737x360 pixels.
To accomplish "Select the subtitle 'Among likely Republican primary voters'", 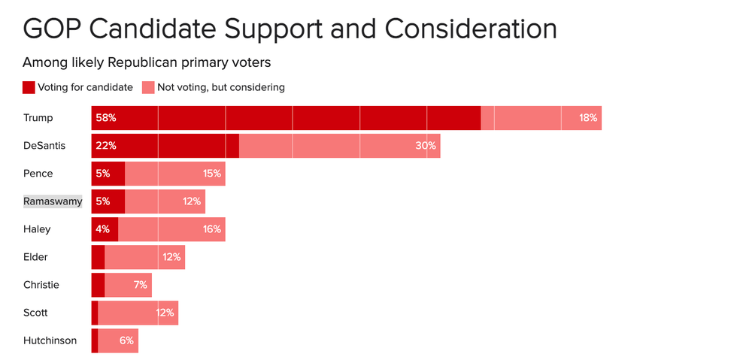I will (147, 62).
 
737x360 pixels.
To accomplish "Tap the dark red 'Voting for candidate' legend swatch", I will (29, 87).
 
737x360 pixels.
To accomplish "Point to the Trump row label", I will (38, 118).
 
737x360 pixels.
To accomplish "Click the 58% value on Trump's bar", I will (106, 118).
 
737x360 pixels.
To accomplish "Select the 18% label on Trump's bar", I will (587, 118).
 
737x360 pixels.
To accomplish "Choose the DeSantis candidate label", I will (44, 146).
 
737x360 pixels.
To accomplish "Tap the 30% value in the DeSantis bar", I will (426, 146).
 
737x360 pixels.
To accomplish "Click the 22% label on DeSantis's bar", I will (106, 146).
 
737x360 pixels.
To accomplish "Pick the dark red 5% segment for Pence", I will (108, 174).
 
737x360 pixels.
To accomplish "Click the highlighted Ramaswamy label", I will (53, 201).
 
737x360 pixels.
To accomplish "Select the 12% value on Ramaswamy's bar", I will (191, 201).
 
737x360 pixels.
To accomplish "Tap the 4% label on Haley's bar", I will (103, 229).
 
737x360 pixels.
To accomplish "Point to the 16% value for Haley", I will (211, 229).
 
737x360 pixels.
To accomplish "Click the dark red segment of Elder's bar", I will (98, 257).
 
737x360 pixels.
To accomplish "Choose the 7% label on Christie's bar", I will (141, 285).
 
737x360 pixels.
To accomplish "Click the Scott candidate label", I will (35, 313).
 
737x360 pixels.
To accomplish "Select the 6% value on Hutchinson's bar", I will (126, 340).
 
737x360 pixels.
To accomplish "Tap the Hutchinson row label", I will (50, 340).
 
